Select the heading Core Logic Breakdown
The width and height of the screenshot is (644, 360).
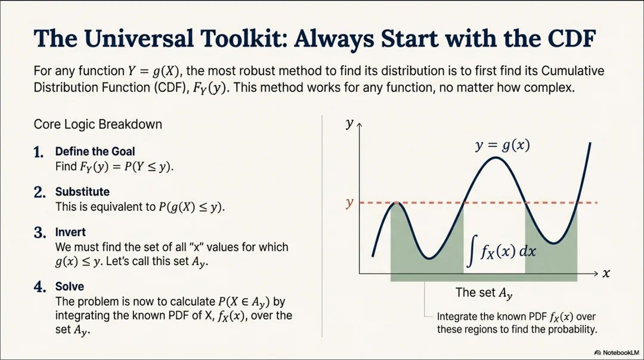(98, 125)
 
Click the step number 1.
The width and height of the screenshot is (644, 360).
(39, 153)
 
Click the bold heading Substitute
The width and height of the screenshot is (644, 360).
(82, 192)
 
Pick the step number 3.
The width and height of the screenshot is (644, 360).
(39, 232)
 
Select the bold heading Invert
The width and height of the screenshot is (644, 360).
(70, 232)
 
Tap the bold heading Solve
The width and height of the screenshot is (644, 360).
(70, 287)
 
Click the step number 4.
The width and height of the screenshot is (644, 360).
(40, 287)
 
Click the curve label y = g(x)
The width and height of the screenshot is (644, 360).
(503, 145)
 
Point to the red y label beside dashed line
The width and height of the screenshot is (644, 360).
(349, 203)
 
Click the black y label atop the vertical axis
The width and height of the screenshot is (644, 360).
(348, 124)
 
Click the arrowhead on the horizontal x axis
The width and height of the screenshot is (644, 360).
(596, 273)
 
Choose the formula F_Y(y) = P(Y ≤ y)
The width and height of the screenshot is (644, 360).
(126, 167)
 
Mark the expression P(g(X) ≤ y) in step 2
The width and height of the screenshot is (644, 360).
(187, 207)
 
